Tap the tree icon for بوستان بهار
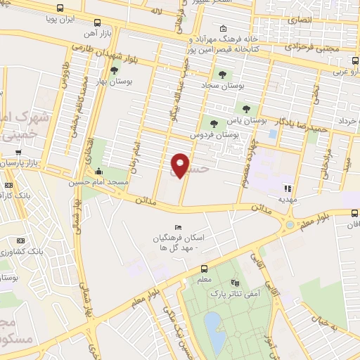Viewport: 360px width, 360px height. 114,70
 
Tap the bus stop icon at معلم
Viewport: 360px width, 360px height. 204,269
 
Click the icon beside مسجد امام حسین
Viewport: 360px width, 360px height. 99,171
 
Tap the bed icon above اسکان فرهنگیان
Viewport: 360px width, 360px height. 178,227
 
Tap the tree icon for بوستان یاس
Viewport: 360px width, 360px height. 246,109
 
